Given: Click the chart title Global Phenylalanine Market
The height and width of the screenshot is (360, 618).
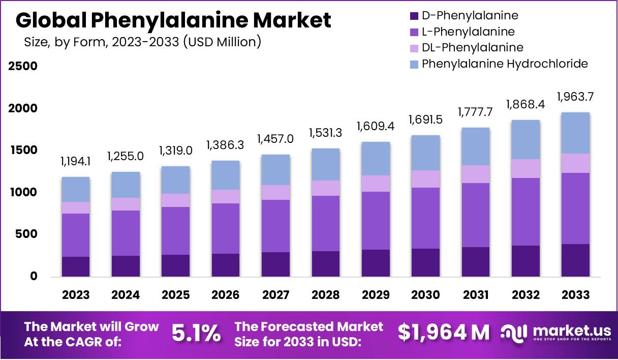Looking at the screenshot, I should tap(173, 20).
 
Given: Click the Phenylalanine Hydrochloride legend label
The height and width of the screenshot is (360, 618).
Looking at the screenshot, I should tap(505, 64).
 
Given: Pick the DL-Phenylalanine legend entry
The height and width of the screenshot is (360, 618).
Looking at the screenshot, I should tap(472, 48).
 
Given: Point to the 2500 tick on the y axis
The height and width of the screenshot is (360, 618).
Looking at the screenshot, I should tap(23, 67).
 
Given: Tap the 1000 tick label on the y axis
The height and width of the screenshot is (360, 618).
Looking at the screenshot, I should tap(23, 193).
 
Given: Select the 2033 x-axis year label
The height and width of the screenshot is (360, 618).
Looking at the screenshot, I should tap(576, 295).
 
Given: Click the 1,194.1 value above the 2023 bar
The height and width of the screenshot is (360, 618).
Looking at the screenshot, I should tap(76, 162).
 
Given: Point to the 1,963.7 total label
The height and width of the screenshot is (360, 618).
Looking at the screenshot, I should tap(576, 97).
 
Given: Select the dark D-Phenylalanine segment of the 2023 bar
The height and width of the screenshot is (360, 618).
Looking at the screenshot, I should tap(76, 266).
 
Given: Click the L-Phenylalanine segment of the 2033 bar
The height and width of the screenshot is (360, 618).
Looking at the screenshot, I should tap(576, 208).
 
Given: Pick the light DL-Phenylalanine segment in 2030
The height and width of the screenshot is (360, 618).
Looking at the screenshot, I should tap(425, 179).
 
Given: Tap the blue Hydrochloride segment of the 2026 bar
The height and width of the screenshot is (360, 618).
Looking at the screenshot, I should tap(226, 175).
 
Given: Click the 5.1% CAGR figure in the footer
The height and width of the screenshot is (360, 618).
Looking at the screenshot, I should tap(196, 334).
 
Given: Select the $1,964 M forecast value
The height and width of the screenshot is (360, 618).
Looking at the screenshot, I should tap(444, 333).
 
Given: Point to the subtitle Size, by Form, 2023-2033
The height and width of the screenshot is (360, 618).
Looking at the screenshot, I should tap(143, 42).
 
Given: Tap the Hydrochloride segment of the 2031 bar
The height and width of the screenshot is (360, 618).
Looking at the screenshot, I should tap(476, 146).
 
